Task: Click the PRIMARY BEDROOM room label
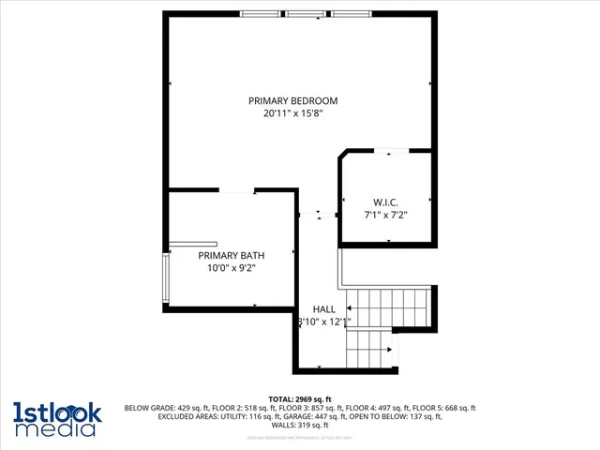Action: (x=292, y=101)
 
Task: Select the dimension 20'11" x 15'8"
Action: (x=292, y=114)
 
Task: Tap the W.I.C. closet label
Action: (x=386, y=202)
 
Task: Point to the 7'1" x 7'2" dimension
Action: (x=386, y=215)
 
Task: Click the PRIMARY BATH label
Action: (x=231, y=255)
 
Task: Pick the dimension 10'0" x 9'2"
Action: (x=231, y=268)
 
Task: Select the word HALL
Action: (x=324, y=308)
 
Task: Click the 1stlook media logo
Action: (x=56, y=418)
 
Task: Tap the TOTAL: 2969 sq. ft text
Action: (x=300, y=399)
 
